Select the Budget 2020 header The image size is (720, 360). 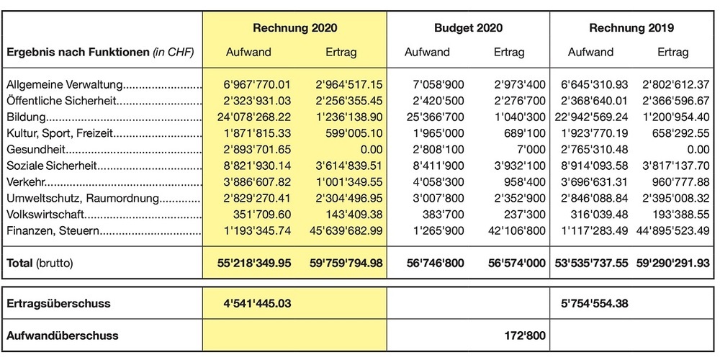[x=468, y=28]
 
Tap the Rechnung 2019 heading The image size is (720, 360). [x=631, y=28]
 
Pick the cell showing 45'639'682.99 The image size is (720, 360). [x=338, y=230]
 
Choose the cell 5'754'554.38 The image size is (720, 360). [x=592, y=303]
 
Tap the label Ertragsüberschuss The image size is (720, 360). [x=58, y=303]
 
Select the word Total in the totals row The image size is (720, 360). [x=19, y=264]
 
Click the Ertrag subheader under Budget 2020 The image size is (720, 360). [x=509, y=53]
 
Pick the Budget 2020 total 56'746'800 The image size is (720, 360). [x=432, y=264]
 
